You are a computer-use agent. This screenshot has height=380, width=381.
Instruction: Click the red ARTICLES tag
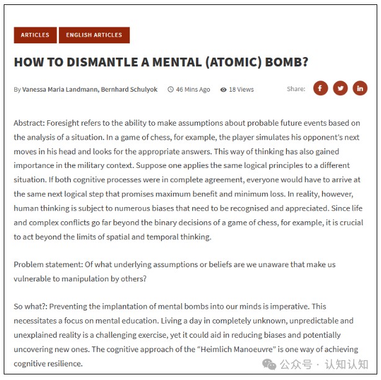coord(35,35)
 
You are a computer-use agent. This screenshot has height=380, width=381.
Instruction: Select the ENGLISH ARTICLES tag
coord(94,35)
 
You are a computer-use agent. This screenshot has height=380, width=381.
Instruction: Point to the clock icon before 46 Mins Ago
coord(171,89)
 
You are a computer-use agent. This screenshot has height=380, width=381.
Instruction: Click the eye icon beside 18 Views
coord(223,89)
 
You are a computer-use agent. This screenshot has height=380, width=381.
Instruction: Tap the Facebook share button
coord(320,89)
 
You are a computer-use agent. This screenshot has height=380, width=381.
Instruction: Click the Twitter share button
coord(340,89)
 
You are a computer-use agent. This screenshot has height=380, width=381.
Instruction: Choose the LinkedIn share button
coord(360,89)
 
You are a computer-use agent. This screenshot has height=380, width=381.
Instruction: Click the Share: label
coord(296,89)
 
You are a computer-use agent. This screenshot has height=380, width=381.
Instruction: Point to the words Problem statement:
coord(47,264)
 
